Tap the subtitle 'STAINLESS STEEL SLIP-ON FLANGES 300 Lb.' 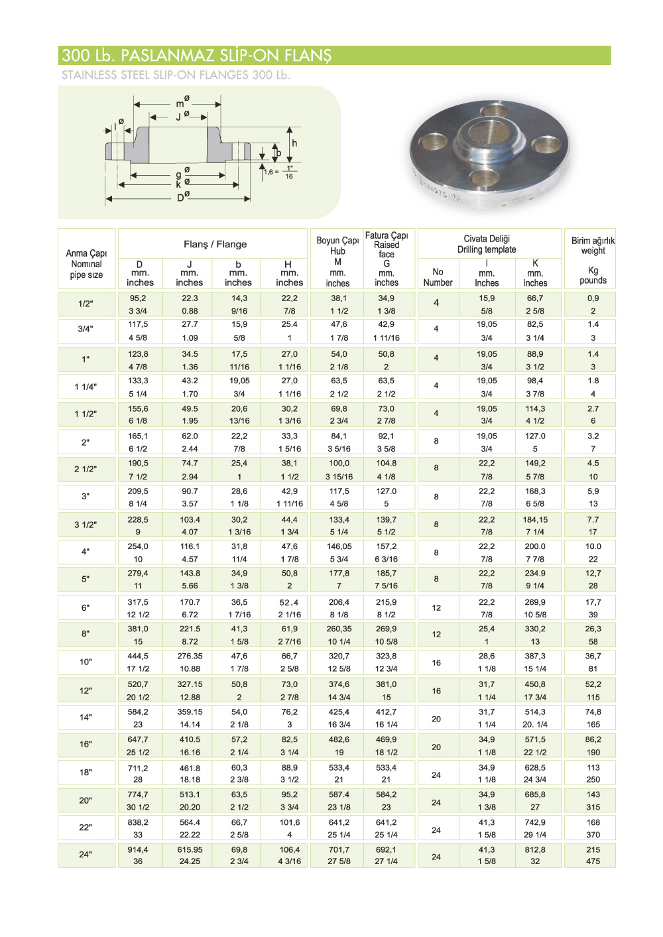pyautogui.click(x=176, y=75)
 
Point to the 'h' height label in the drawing pyautogui.click(x=294, y=143)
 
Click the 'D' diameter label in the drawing pyautogui.click(x=180, y=198)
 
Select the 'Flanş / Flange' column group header pyautogui.click(x=215, y=244)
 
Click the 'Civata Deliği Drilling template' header pyautogui.click(x=487, y=244)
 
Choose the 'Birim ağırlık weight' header pyautogui.click(x=593, y=245)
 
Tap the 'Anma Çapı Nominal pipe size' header pyautogui.click(x=86, y=263)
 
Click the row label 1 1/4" pyautogui.click(x=86, y=387)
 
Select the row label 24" pyautogui.click(x=86, y=854)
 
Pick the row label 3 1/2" pyautogui.click(x=86, y=525)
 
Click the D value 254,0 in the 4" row pyautogui.click(x=138, y=546)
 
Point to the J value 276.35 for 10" pyautogui.click(x=190, y=656)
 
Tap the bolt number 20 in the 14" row pyautogui.click(x=436, y=718)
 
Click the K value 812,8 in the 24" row pyautogui.click(x=535, y=849)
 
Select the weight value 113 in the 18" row pyautogui.click(x=593, y=767)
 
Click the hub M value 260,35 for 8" pyautogui.click(x=339, y=629)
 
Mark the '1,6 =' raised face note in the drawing pyautogui.click(x=271, y=172)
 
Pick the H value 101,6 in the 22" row pyautogui.click(x=289, y=822)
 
